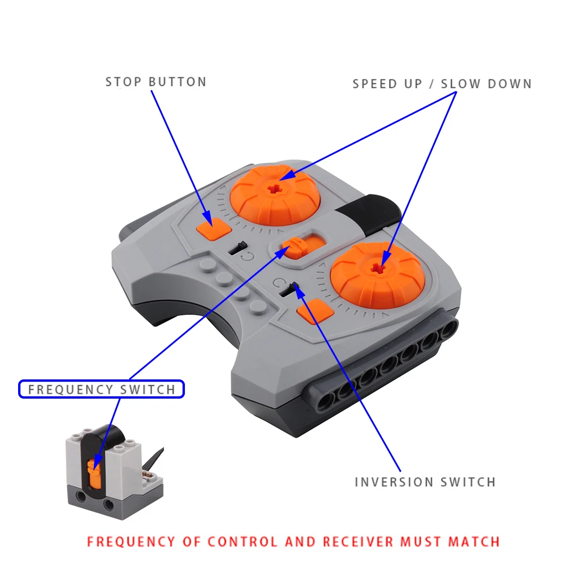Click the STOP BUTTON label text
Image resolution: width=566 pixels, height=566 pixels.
(x=155, y=81)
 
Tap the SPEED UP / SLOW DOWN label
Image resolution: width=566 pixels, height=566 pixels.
(x=442, y=84)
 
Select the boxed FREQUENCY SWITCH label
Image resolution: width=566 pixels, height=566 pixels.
(x=101, y=389)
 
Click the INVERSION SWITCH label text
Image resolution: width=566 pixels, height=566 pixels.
(x=425, y=482)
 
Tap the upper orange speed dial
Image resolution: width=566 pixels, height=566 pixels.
(x=276, y=195)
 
